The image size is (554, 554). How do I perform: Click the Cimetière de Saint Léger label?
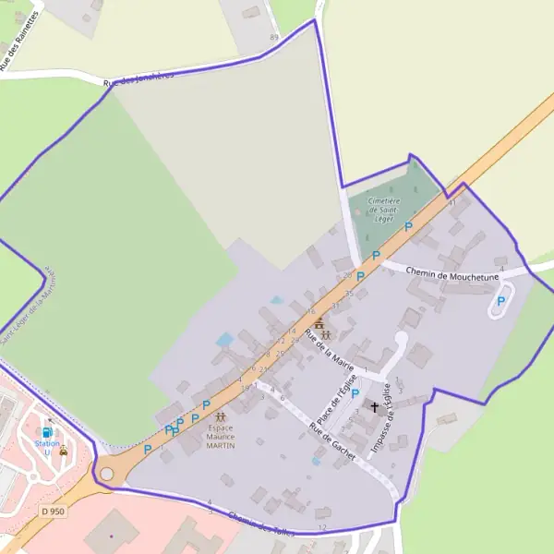pyautogui.click(x=383, y=210)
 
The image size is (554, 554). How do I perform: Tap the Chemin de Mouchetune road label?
pyautogui.click(x=452, y=275)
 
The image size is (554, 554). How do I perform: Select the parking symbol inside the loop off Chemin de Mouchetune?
pyautogui.click(x=502, y=300)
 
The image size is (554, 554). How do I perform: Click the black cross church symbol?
pyautogui.click(x=375, y=406)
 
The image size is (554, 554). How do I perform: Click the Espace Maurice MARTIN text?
pyautogui.click(x=220, y=436)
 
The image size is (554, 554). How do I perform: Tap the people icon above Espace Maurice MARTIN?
pyautogui.click(x=220, y=416)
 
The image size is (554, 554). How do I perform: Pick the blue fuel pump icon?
pyautogui.click(x=47, y=431)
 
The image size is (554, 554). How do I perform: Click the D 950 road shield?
pyautogui.click(x=54, y=510)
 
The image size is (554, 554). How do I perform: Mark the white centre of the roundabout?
pyautogui.click(x=107, y=474)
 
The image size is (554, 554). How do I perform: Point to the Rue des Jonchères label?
pyautogui.click(x=138, y=81)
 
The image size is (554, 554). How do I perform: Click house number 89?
pyautogui.click(x=273, y=37)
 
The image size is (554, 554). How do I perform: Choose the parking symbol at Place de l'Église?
pyautogui.click(x=355, y=393)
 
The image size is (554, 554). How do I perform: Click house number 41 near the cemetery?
pyautogui.click(x=452, y=202)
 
